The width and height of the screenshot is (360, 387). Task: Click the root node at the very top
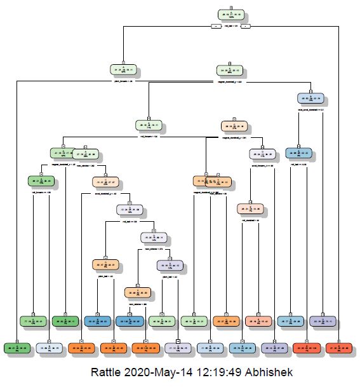(230, 15)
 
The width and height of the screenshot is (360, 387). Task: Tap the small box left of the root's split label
(216, 26)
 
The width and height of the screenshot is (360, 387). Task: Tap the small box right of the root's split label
(246, 26)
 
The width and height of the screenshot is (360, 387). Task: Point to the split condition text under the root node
(230, 27)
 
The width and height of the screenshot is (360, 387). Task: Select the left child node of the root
(124, 70)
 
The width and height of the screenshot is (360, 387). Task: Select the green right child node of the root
(230, 71)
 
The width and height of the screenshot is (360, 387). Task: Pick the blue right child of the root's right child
(310, 98)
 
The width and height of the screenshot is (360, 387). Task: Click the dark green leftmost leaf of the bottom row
(17, 348)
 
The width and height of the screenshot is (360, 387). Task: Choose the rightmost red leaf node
(339, 348)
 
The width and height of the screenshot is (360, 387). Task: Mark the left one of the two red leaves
(307, 348)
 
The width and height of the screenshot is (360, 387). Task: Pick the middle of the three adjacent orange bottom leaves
(114, 348)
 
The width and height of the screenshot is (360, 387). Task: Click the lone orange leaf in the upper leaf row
(225, 321)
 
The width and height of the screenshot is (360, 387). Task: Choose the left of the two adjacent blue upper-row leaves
(97, 321)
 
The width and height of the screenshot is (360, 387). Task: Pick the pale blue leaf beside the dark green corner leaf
(50, 348)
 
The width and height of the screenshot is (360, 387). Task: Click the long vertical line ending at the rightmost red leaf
(339, 191)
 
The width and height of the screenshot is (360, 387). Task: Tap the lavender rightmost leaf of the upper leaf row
(323, 321)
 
